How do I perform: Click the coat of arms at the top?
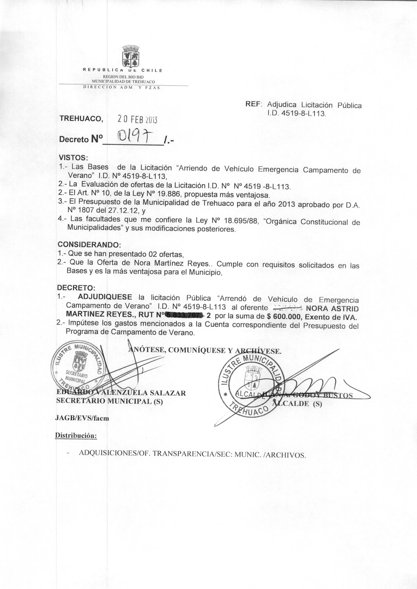click(x=131, y=56)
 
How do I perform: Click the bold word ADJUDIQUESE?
click(x=105, y=297)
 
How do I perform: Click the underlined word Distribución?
click(x=76, y=436)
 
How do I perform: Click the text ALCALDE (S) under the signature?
click(x=297, y=403)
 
